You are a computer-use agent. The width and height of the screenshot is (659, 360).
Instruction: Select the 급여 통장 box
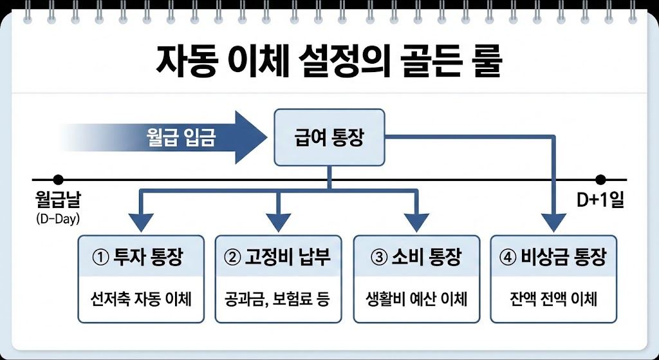click(x=329, y=138)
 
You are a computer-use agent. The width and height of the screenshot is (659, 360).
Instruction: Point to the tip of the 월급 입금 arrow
click(x=265, y=137)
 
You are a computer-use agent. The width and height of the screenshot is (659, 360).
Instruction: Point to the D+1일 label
click(x=600, y=201)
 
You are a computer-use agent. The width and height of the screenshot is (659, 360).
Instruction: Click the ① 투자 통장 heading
click(x=139, y=258)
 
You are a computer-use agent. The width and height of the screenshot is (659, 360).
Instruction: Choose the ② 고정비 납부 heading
click(x=277, y=258)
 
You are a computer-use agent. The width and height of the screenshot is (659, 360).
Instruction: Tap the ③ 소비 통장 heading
click(x=416, y=258)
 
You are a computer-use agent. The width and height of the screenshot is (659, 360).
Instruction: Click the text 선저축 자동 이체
click(x=140, y=299)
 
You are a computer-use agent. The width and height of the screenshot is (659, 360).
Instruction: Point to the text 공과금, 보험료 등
click(x=277, y=299)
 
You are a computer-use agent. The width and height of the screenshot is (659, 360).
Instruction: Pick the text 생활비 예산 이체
click(x=416, y=299)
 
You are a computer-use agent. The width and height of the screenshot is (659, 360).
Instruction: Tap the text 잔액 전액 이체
click(x=553, y=299)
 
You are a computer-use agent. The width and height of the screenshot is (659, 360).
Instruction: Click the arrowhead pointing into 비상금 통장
click(x=553, y=223)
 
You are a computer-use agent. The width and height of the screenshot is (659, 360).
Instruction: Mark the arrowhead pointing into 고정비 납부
click(x=278, y=223)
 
